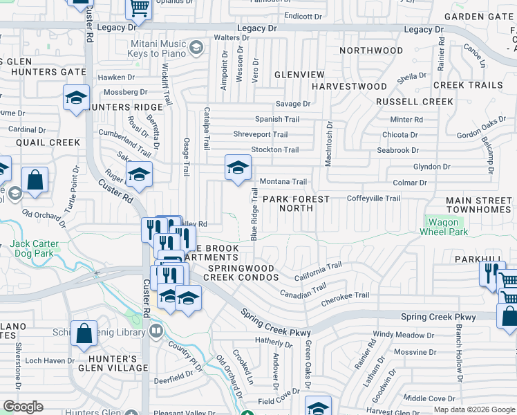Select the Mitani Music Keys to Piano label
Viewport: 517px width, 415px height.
[159, 48]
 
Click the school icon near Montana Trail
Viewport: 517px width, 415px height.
[238, 167]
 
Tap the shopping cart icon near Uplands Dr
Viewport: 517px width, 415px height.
[140, 8]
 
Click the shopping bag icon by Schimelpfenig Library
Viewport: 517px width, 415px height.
[84, 334]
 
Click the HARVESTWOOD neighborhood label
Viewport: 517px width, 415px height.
[349, 86]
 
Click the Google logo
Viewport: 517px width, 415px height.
[23, 407]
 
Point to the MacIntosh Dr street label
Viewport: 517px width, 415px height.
[328, 144]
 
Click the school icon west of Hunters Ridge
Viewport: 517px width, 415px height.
[76, 98]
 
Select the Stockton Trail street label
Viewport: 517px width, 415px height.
[275, 150]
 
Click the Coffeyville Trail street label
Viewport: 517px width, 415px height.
[373, 199]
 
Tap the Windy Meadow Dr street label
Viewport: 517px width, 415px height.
[399, 335]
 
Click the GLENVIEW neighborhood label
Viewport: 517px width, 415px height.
[299, 75]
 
